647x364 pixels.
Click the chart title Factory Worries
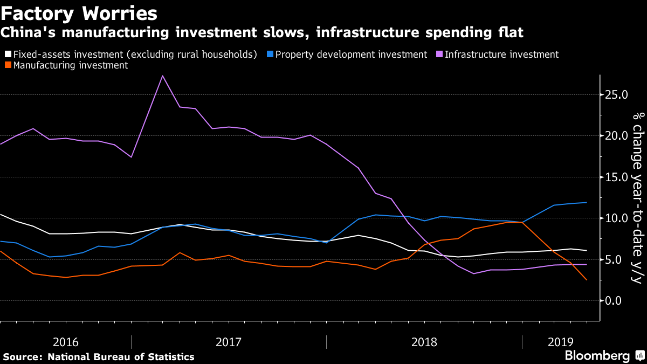[79, 13]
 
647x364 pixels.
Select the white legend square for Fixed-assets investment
[8, 54]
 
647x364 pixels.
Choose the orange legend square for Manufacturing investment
[8, 65]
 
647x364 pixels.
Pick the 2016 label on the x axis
[66, 342]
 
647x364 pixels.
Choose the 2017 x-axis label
[229, 342]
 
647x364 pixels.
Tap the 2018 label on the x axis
[424, 342]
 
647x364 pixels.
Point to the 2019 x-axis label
[561, 342]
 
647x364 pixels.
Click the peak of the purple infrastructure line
[163, 75]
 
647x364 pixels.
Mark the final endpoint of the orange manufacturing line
[587, 280]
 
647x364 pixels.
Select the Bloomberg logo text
[597, 356]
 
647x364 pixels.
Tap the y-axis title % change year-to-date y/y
[637, 197]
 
